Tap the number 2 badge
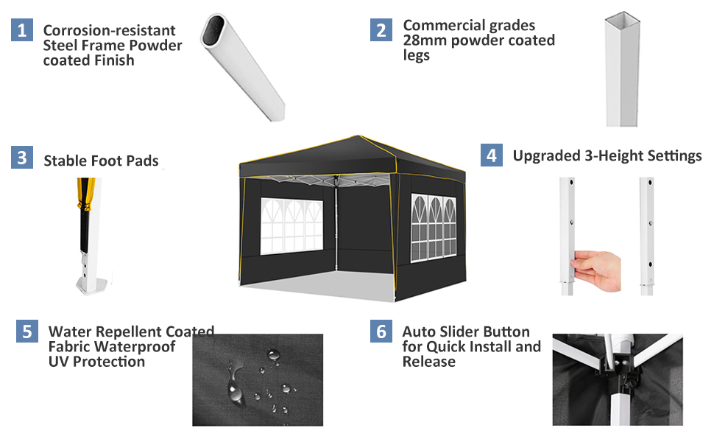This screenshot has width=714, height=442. (381, 29)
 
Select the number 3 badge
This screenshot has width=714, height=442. (22, 158)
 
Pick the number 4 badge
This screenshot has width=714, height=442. (491, 155)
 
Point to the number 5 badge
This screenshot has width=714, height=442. (27, 331)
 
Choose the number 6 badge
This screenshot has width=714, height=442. (381, 331)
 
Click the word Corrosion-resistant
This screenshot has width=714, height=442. (109, 31)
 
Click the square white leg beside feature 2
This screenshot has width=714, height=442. (622, 70)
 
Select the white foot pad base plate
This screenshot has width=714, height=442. (91, 283)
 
